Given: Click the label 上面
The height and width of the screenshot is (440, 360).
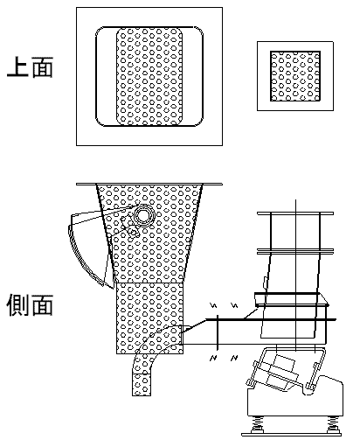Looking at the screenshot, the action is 30,67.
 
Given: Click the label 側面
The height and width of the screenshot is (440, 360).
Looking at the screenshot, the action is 30,305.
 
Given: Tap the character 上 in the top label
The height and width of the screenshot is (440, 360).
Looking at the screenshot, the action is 17,67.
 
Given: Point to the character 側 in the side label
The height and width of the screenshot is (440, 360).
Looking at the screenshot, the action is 17,305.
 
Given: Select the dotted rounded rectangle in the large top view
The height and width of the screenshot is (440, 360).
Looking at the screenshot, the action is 149,77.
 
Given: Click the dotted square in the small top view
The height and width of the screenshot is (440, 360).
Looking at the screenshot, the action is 295,76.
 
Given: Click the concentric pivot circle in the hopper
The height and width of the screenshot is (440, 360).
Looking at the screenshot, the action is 143,215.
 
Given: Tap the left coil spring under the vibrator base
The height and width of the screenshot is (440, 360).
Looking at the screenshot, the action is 257,423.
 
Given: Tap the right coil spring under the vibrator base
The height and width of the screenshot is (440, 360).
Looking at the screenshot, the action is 332,423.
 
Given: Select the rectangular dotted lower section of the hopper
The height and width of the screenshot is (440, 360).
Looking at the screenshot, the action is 149,318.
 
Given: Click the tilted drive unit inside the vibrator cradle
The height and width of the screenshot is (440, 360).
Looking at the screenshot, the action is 279,373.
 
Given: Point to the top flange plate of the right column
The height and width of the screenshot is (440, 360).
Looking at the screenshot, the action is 295,213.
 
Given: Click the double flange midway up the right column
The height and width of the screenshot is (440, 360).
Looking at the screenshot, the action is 295,251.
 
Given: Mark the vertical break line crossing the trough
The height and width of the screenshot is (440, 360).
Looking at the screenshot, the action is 218,332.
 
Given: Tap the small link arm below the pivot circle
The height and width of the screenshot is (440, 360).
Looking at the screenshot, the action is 130,227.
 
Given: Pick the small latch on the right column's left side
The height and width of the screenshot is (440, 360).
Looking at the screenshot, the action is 265,282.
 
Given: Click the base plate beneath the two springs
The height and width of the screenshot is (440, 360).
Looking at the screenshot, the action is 292,435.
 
